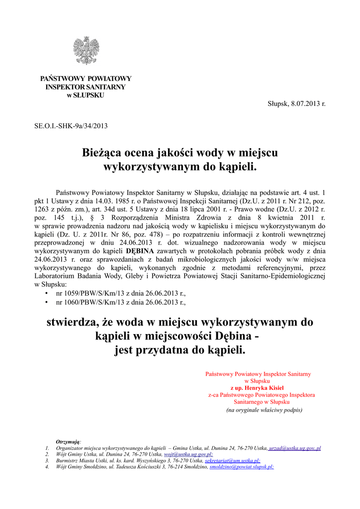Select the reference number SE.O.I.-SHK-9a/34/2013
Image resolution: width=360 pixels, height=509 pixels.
coord(71,126)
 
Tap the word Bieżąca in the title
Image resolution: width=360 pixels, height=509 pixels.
coord(103,153)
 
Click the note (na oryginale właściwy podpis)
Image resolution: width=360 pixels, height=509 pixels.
coord(264,410)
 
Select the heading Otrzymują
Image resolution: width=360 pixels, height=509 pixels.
coord(69,442)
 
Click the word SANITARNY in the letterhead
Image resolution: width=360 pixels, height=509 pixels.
coord(104,87)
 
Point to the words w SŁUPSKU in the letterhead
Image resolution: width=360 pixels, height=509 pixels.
coord(86,95)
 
